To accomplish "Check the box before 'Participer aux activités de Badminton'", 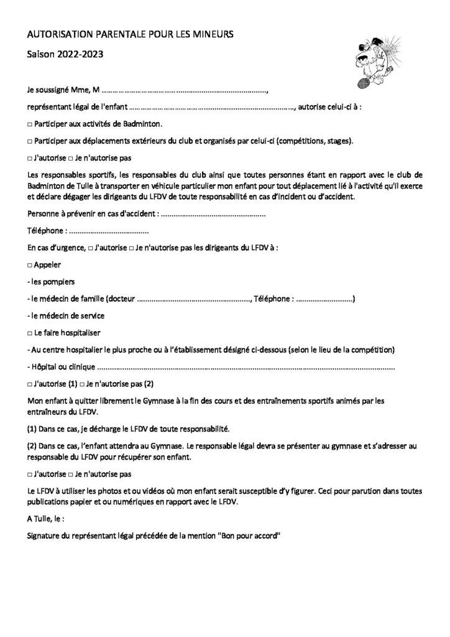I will tap(30, 124).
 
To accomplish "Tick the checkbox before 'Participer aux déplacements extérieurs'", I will tap(30, 141).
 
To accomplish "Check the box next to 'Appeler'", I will tap(30, 264).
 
